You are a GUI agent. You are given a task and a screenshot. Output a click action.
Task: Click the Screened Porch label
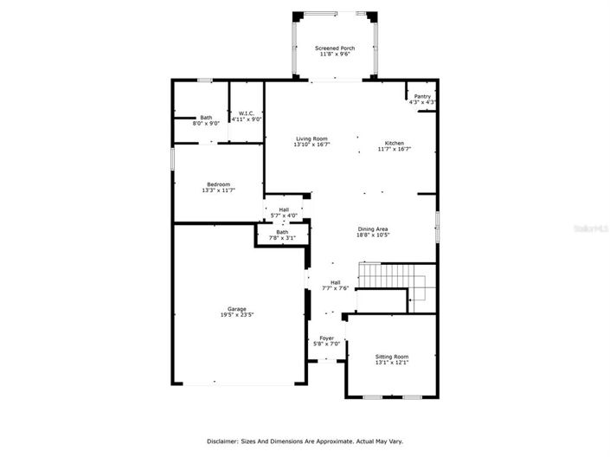[334, 48]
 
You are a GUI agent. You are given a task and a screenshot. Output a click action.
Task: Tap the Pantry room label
[422, 96]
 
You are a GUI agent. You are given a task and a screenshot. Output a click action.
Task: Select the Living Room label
[311, 138]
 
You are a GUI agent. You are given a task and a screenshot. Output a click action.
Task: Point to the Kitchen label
[394, 143]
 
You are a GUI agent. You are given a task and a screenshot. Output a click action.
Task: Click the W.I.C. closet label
[246, 113]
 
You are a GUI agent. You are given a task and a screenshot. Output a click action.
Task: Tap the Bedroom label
[218, 183]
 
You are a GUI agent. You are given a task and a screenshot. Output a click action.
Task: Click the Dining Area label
[373, 229]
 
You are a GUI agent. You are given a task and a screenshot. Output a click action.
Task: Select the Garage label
[236, 308]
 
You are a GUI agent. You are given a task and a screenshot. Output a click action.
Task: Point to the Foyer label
[326, 338]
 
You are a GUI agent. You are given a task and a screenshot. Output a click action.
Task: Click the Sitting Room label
[392, 357]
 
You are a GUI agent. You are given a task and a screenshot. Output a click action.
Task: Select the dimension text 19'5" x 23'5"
[236, 314]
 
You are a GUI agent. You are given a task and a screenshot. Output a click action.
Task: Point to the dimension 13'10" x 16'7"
[311, 145]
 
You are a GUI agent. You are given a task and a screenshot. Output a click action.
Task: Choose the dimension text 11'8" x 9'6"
[334, 55]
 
